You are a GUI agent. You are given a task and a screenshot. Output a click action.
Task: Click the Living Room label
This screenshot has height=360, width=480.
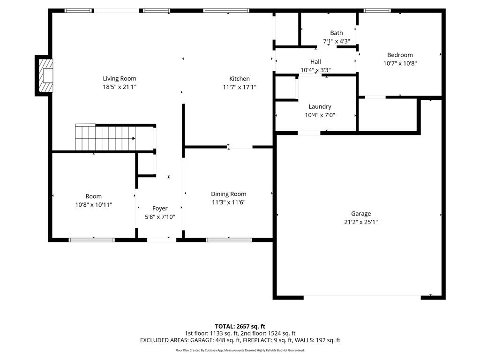[120, 78]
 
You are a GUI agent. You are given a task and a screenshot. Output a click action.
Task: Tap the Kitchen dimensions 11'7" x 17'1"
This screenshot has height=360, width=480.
[239, 87]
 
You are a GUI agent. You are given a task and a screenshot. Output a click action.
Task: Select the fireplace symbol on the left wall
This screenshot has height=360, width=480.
[46, 75]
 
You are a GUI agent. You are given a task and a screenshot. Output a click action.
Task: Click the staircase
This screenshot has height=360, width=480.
[105, 138]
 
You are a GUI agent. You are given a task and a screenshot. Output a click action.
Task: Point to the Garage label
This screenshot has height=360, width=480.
[361, 213]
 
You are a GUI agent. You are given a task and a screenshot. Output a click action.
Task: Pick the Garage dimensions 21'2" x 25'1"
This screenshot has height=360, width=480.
[361, 222]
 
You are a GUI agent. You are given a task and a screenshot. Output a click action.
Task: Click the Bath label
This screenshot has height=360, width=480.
[336, 33]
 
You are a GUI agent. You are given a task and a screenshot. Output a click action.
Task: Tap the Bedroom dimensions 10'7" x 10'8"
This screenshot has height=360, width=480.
[400, 63]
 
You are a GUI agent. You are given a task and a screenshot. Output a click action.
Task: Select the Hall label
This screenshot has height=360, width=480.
[315, 62]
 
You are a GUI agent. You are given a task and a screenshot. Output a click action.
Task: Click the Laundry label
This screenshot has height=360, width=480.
[320, 106]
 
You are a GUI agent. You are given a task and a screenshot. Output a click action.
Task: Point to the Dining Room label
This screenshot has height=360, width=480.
[228, 194]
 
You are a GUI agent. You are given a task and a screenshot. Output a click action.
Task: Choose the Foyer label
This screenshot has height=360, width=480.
[160, 208]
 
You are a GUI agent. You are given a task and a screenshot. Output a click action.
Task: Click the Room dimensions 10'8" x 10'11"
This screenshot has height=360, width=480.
[93, 204]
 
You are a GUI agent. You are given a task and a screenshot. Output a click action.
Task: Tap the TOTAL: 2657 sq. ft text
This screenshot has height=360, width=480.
[240, 326]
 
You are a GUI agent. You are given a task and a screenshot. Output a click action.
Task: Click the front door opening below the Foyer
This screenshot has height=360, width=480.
[161, 240]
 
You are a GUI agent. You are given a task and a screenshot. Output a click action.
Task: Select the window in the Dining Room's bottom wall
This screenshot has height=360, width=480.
[229, 240]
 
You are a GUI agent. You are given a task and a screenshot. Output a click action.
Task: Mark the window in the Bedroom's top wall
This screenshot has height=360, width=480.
[377, 10]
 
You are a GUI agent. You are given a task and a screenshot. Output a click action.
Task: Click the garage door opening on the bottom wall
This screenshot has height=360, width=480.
[362, 296]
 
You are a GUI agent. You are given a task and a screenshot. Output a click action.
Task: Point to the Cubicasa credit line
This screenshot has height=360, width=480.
[240, 350]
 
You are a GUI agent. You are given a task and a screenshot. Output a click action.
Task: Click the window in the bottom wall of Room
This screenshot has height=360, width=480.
[91, 240]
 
